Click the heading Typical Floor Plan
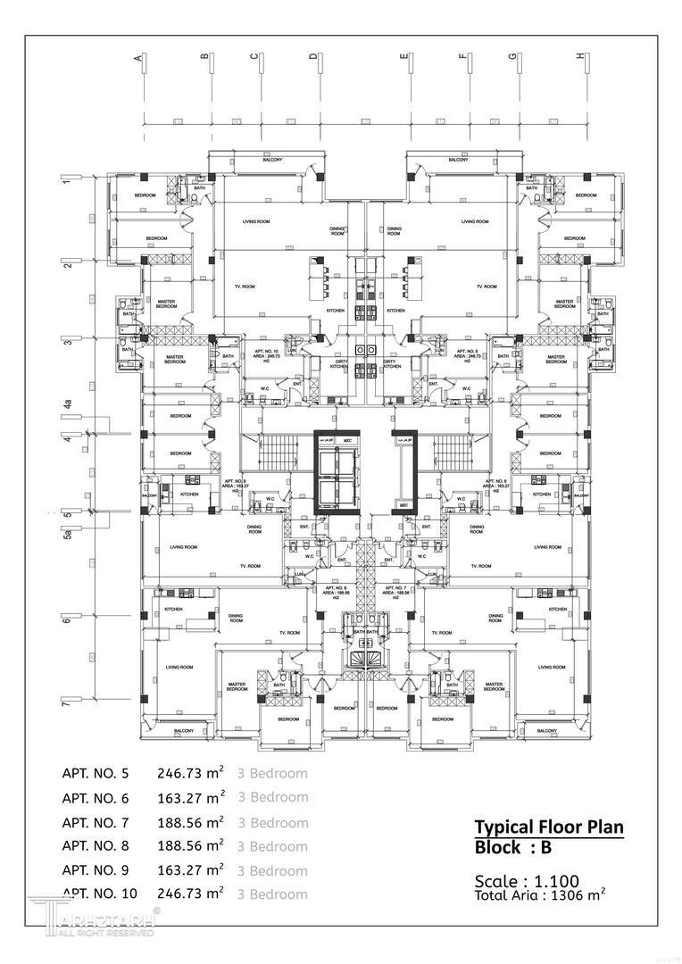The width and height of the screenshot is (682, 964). [x=548, y=827]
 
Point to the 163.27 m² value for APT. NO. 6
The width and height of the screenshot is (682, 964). [x=190, y=798]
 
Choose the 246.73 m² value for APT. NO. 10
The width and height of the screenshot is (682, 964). [x=190, y=893]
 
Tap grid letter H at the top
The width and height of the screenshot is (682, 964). [x=580, y=57]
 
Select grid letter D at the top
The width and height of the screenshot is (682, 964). [x=313, y=58]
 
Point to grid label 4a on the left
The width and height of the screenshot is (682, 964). [x=67, y=406]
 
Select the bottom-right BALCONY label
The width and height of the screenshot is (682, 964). [x=547, y=731]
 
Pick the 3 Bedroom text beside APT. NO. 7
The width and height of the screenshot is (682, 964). [x=272, y=822]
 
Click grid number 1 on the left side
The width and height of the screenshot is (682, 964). [x=66, y=181]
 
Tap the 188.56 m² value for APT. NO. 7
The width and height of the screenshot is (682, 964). [x=190, y=822]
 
